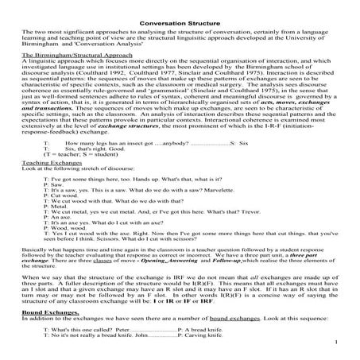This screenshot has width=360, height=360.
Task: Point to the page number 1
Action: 337,343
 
